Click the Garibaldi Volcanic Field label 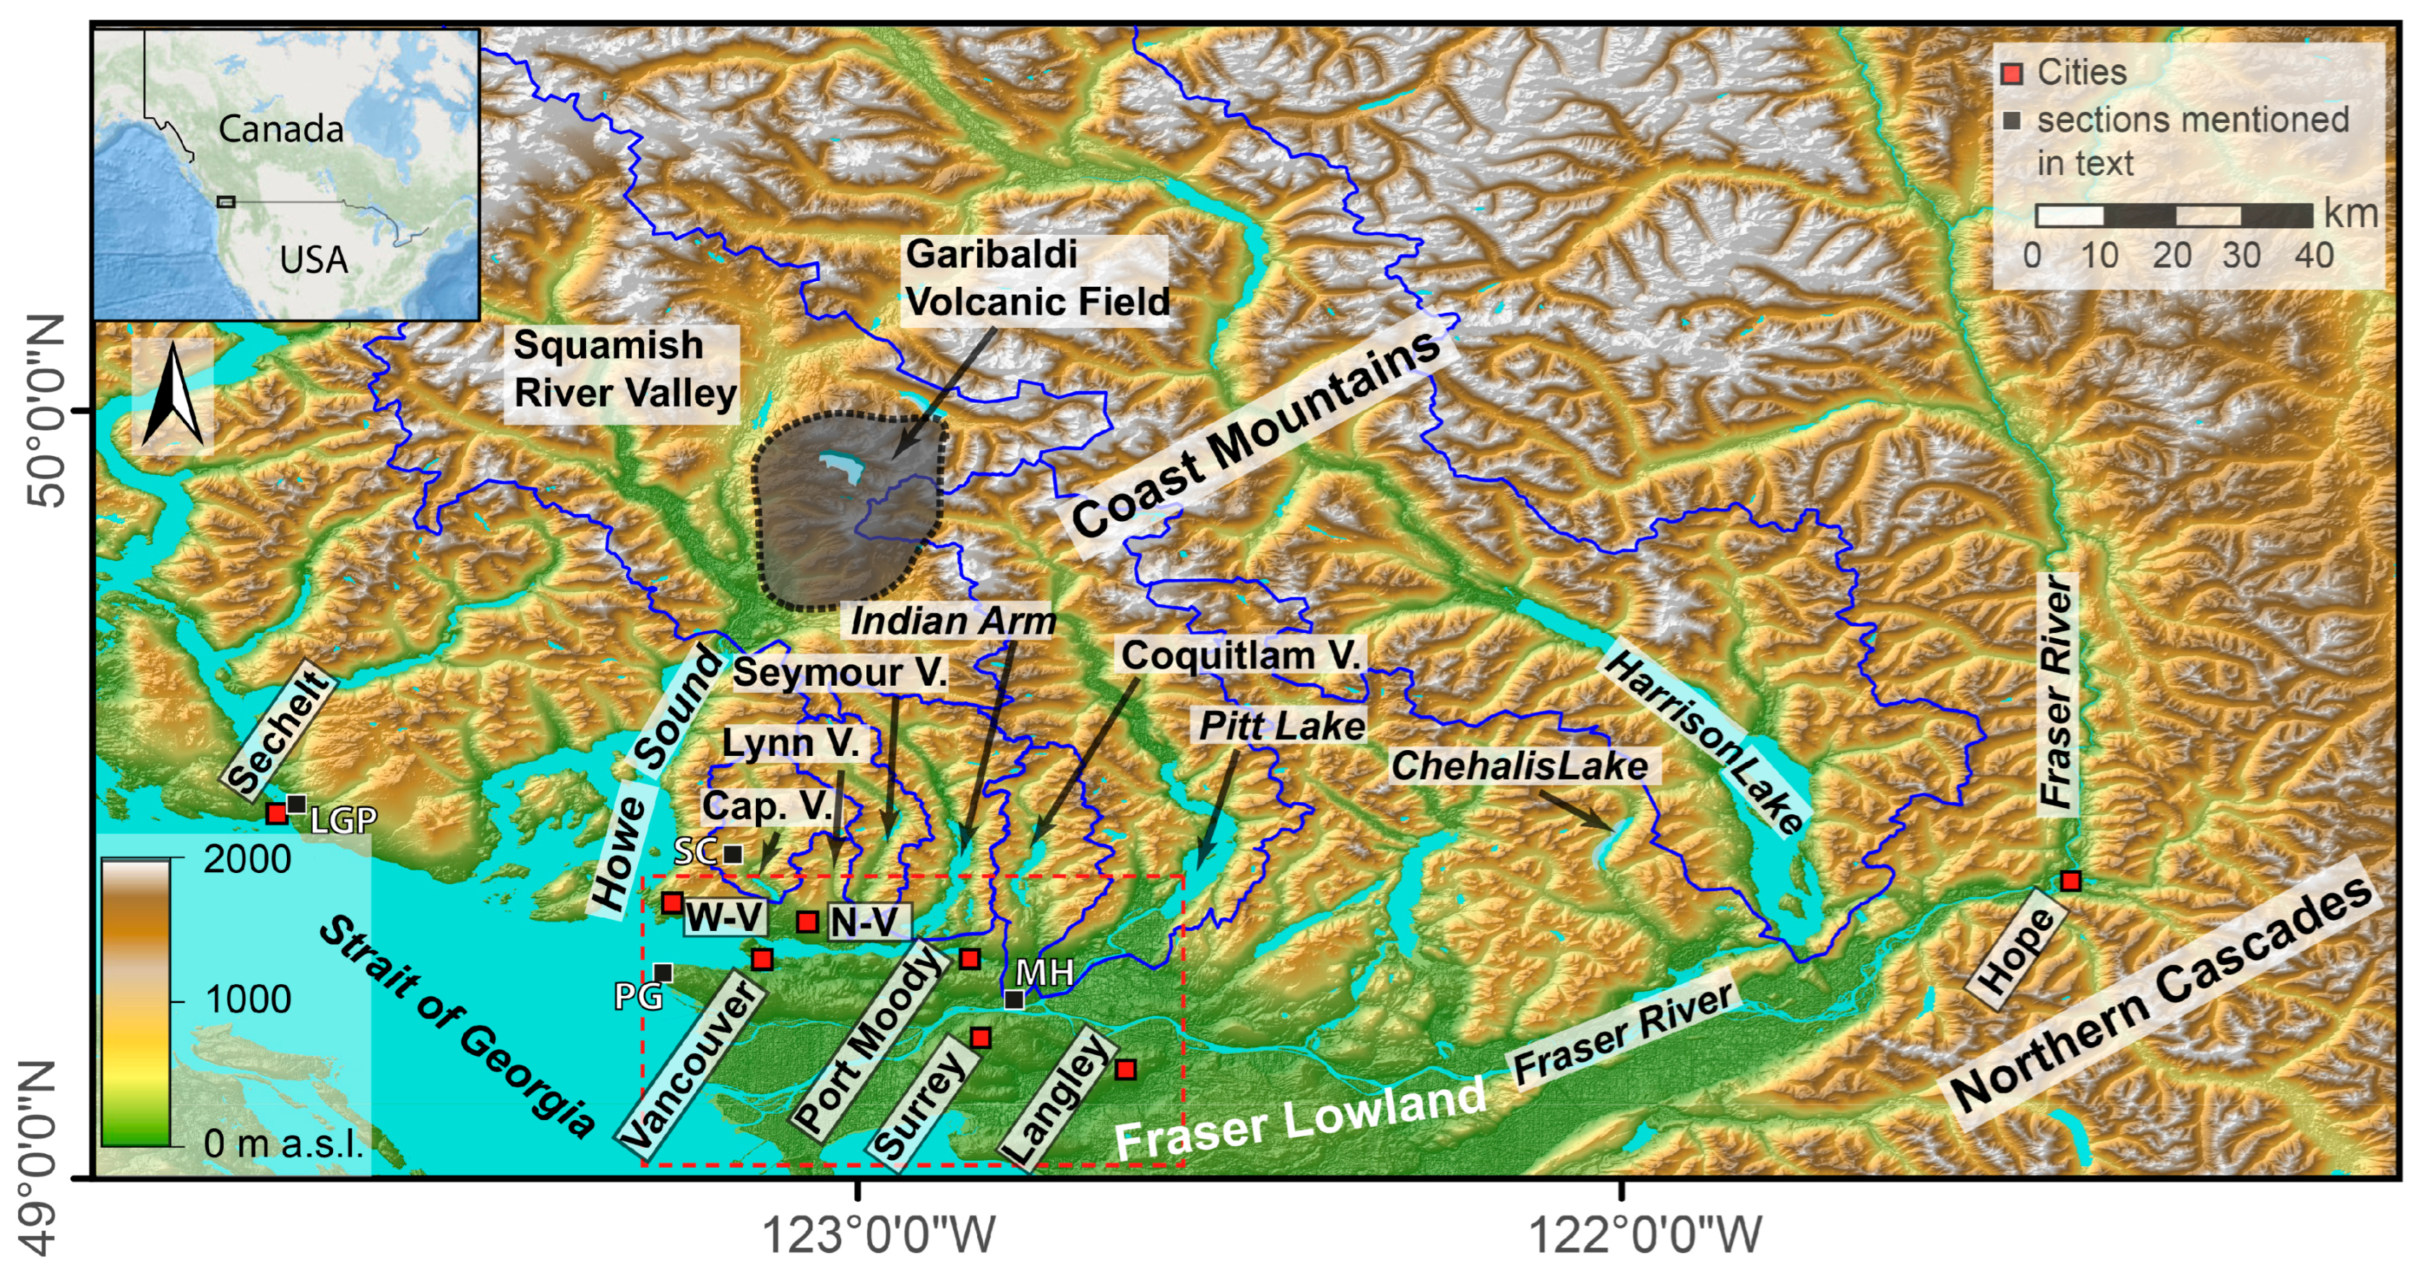coord(1036,278)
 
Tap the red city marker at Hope coord(2070,881)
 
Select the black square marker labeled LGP coord(296,804)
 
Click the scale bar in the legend coord(2173,215)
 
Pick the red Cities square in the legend coord(2011,73)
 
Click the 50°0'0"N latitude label coord(43,411)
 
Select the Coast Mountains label coord(1256,434)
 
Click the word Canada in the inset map coord(280,129)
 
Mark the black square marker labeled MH coord(1014,999)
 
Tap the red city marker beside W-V coord(671,903)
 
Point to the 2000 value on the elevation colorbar coord(246,859)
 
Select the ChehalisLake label coord(1519,765)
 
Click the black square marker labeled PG coord(663,972)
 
